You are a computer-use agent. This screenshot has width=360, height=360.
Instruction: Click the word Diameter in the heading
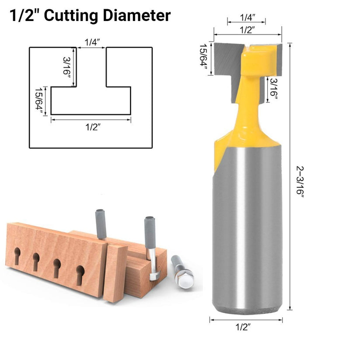[136, 16]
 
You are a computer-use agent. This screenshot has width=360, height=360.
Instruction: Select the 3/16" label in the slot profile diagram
[66, 66]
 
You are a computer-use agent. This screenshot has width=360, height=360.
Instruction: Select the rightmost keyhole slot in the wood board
[80, 271]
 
